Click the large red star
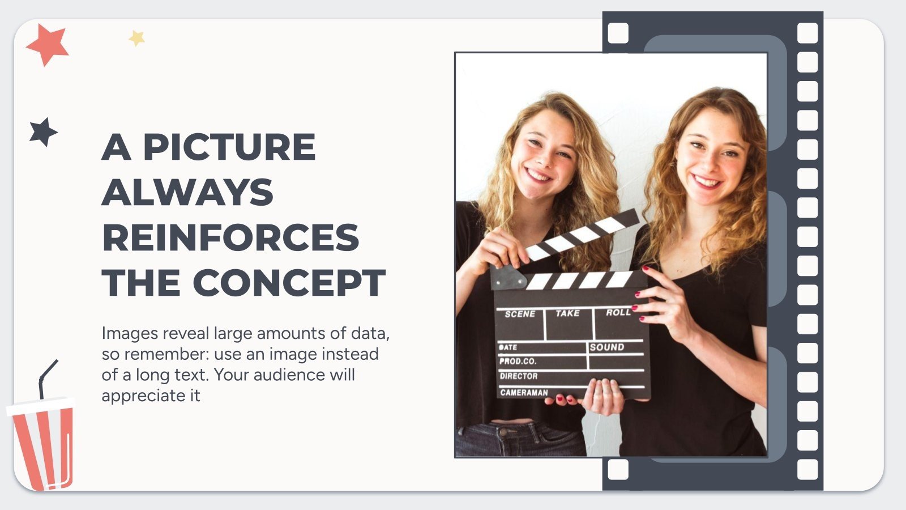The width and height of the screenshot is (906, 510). tap(46, 44)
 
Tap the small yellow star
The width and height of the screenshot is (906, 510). tap(136, 39)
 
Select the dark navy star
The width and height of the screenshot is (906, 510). tap(43, 132)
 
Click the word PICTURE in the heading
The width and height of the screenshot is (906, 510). tap(229, 147)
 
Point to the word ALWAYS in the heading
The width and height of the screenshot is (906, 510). tap(187, 193)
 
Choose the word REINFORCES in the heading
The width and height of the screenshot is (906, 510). tap(230, 237)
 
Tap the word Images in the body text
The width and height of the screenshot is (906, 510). tap(130, 333)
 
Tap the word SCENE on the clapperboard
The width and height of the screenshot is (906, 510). tap(520, 314)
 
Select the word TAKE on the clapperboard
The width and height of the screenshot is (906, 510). tap(567, 313)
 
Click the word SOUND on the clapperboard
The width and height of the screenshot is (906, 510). tap(607, 347)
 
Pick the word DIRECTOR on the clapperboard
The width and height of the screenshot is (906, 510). tap(519, 376)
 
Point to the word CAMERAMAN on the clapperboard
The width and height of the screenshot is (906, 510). tap(524, 392)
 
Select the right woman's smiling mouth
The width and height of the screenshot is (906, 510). tap(706, 182)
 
